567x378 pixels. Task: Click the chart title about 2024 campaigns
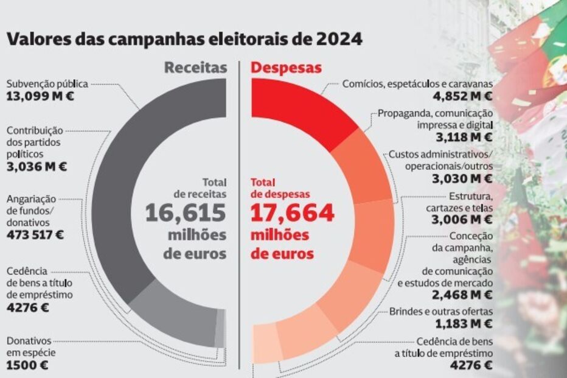point(184,40)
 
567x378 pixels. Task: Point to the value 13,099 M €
point(40,96)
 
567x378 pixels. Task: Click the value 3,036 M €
point(37,166)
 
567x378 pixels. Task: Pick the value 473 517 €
point(36,234)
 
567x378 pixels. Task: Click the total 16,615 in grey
point(186,214)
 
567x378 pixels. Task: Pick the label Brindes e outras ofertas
point(441,313)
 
